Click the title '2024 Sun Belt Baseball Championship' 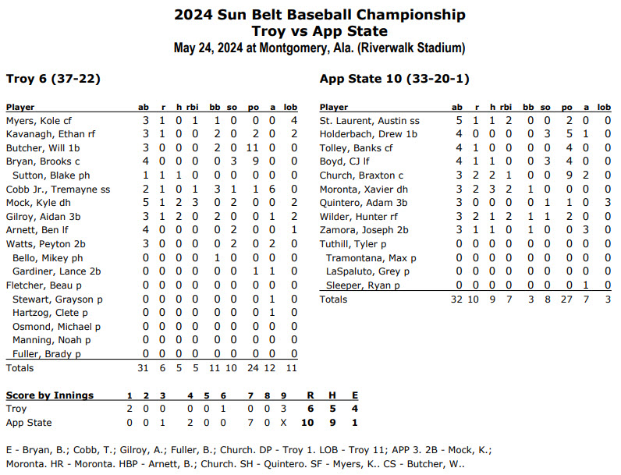(320, 14)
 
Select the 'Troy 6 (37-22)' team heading (52, 78)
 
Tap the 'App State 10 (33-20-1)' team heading (394, 78)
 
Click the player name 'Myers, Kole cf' (39, 121)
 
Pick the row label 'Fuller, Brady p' (48, 353)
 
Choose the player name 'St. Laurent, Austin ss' (370, 121)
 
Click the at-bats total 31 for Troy (144, 367)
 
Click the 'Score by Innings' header (50, 395)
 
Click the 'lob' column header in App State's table (604, 107)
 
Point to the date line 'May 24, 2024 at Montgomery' (320, 48)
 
